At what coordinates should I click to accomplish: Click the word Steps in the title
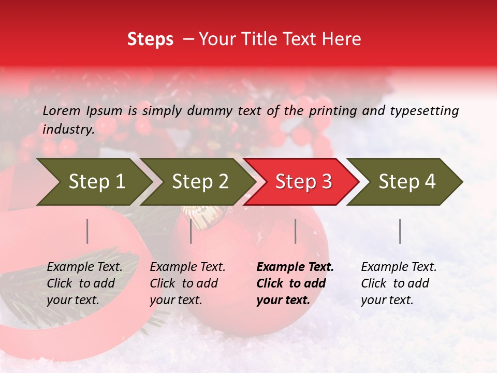[150, 39]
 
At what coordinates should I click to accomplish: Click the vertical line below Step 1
[87, 231]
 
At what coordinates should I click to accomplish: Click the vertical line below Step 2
[191, 231]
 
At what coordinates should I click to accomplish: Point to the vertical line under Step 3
[296, 231]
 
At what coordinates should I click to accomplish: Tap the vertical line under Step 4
[400, 231]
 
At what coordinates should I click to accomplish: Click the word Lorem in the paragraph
[62, 110]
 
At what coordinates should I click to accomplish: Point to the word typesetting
[424, 110]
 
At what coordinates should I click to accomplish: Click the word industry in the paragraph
[67, 129]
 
